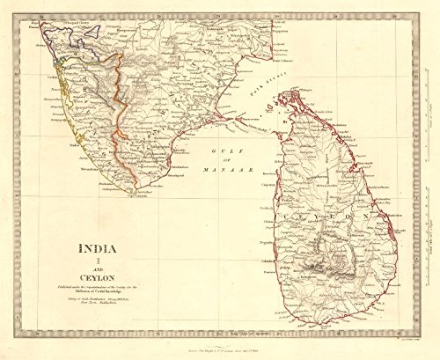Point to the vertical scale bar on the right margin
[425, 247]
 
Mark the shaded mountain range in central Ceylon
[333, 259]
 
